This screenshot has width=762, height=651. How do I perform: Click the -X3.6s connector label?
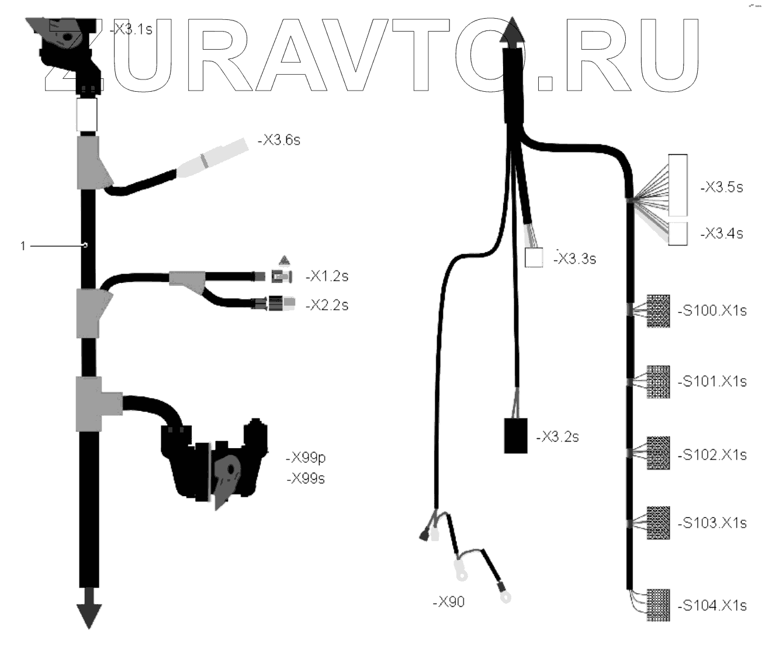pos(279,140)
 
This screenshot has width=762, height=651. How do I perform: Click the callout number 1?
pos(23,246)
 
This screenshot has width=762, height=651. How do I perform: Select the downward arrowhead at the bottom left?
pos(88,616)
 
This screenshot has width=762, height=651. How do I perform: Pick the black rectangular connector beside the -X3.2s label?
pos(516,435)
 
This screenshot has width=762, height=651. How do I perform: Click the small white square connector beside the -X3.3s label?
pos(534,258)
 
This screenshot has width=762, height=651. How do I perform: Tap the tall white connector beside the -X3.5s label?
pos(678,185)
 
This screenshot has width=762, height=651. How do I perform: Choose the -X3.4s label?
pos(721,233)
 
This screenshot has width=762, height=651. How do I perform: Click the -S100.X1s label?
pos(712,310)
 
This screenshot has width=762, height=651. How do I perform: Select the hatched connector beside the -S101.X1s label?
pos(657,382)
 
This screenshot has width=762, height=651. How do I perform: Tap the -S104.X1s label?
pos(712,605)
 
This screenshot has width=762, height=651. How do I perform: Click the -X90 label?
pos(449,601)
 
